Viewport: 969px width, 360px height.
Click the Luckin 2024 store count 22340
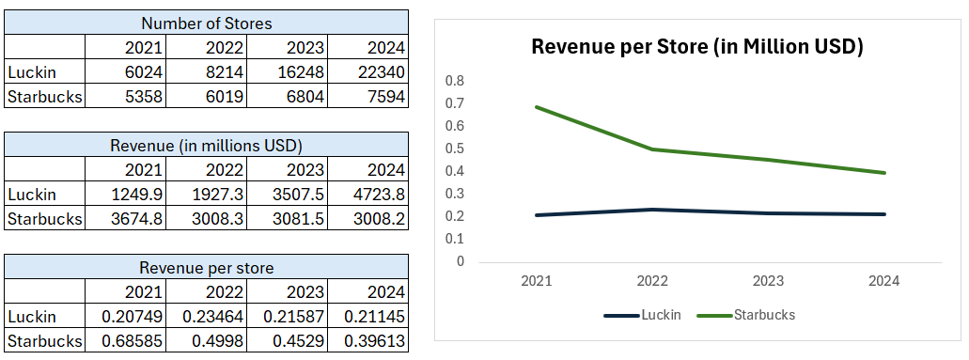tap(383, 72)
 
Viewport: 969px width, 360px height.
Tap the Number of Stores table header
tap(206, 23)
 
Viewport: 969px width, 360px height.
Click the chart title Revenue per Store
tap(696, 46)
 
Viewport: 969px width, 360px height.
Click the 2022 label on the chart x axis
tap(652, 281)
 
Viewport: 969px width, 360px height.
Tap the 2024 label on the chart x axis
tap(884, 281)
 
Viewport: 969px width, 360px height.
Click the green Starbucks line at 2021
tap(537, 107)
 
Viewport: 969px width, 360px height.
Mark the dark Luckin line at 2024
tap(884, 214)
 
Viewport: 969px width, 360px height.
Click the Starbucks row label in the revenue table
tap(44, 219)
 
